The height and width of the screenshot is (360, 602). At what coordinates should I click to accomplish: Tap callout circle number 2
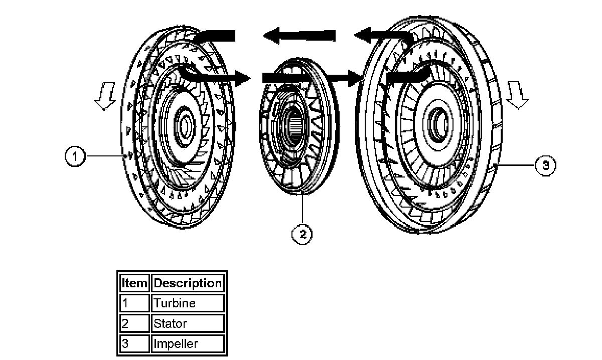[302, 234]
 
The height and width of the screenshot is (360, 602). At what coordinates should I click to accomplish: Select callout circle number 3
[546, 165]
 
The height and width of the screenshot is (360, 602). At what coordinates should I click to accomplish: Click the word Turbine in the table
[175, 303]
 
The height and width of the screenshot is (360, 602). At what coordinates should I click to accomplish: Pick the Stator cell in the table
[171, 323]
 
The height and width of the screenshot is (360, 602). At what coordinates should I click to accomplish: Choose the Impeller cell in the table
[176, 343]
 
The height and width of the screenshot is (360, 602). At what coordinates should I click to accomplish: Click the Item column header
[134, 283]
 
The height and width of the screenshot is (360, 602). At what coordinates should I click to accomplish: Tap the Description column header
[188, 283]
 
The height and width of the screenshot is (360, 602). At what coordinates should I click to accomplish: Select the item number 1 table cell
[134, 303]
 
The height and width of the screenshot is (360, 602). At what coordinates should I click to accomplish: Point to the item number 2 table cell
[134, 323]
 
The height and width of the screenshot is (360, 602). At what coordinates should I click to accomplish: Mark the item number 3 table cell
[134, 343]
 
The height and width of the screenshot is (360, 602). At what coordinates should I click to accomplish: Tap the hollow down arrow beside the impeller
[517, 96]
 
